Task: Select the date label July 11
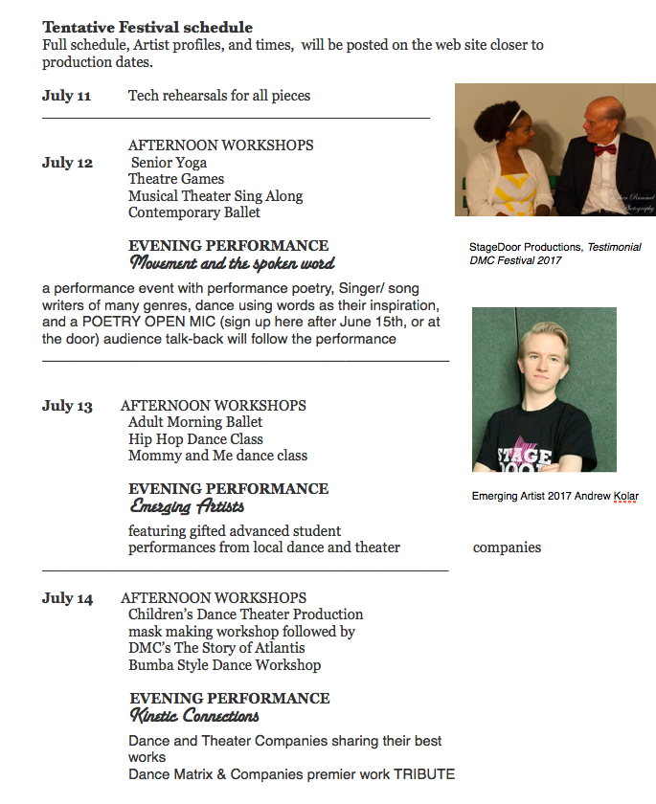pos(66,96)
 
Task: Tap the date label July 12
pos(67,163)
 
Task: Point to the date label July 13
pos(67,406)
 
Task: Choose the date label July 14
pos(67,598)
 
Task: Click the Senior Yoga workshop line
pos(169,163)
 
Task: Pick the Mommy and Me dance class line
pos(217,456)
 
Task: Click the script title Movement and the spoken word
pos(232,263)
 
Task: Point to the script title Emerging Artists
pos(187,506)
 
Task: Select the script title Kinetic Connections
pos(194,716)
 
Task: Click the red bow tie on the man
pos(603,149)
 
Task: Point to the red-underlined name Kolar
pos(622,497)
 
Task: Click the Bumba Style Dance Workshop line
pos(225,664)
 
